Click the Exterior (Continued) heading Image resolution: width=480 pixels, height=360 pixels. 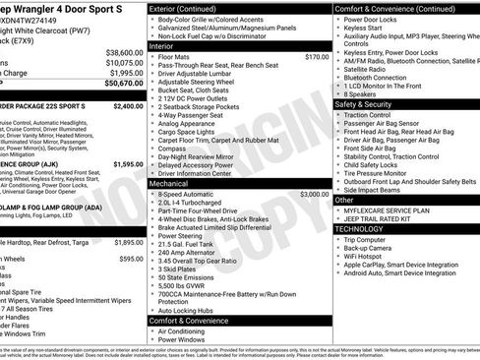[190, 8]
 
